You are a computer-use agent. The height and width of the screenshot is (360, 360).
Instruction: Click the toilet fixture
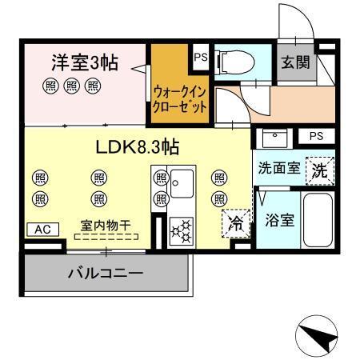(231, 59)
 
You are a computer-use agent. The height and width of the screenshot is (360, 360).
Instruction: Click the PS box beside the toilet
(200, 58)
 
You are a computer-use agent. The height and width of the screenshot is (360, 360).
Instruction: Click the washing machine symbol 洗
(318, 170)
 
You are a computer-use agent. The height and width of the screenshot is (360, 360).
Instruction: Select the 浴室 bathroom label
(279, 219)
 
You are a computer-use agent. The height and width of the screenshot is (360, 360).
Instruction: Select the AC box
(42, 229)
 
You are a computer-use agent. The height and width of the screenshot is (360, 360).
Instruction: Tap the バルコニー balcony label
(105, 274)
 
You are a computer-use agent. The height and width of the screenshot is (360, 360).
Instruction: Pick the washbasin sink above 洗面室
(274, 138)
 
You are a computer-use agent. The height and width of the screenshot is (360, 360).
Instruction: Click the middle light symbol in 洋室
(71, 86)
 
